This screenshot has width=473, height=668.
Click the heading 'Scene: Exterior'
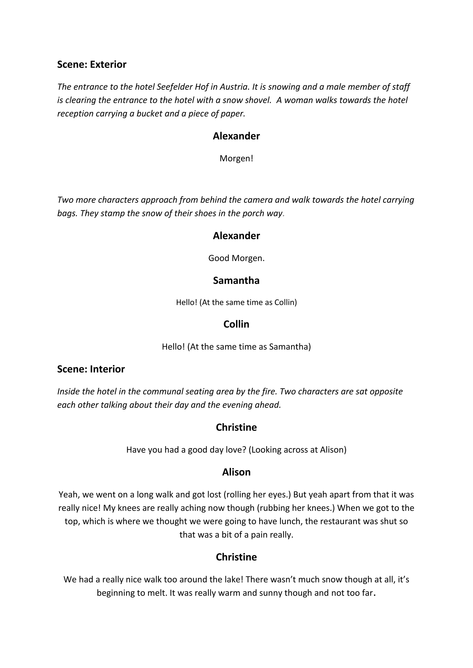(91, 65)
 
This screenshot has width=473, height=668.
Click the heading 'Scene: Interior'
(91, 369)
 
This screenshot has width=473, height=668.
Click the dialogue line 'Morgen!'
(236, 158)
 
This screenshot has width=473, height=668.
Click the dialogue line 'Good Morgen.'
(236, 258)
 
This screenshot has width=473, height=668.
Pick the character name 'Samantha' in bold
(236, 280)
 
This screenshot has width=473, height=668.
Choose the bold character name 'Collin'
(236, 324)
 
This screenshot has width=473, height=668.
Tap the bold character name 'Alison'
(236, 472)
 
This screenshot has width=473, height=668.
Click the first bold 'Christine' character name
(236, 427)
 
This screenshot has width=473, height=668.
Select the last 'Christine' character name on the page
(236, 557)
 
